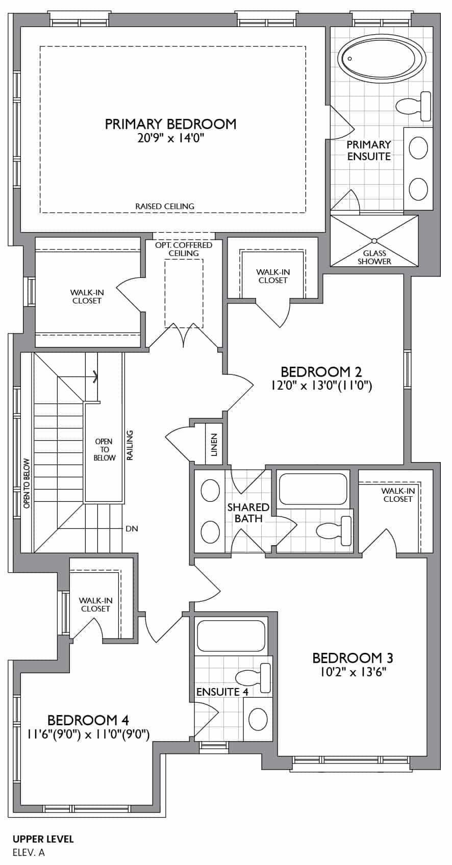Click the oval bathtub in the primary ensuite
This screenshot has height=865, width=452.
[382, 60]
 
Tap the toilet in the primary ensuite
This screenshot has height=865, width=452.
[413, 106]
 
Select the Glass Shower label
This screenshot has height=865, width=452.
[374, 257]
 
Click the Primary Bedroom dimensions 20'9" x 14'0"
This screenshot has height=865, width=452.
[171, 138]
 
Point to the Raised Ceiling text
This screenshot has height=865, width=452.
[165, 206]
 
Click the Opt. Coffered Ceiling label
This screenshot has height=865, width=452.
[184, 249]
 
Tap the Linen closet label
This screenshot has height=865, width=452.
[214, 444]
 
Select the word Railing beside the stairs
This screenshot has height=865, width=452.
[130, 445]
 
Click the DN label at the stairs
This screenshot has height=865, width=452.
[132, 529]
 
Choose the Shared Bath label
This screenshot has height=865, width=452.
[248, 513]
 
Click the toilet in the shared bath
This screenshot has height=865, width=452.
[334, 530]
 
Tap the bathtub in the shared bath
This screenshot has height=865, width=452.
[313, 489]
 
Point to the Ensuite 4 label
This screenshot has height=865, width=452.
[222, 702]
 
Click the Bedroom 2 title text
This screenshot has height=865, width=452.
[321, 372]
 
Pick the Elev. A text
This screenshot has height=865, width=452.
[29, 852]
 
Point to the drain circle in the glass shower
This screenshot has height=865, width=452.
[374, 241]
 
